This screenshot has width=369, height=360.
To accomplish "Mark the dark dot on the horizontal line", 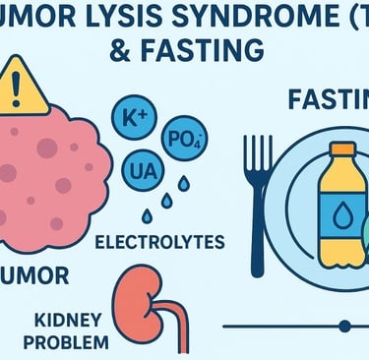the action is pyautogui.click(x=344, y=325).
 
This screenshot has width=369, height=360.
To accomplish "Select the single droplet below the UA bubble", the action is pyautogui.click(x=147, y=215).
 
